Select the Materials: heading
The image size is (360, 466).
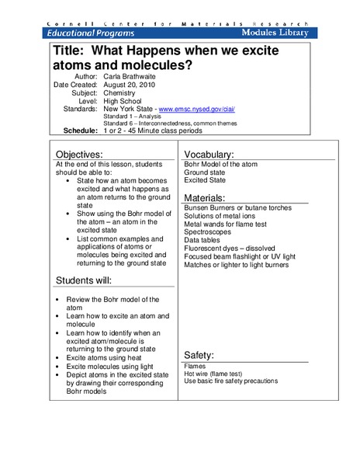click(x=207, y=198)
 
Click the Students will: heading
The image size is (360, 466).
click(x=88, y=280)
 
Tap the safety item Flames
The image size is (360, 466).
click(x=195, y=366)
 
